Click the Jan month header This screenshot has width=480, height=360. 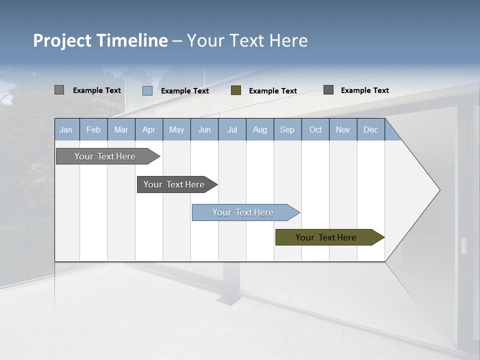click(66, 130)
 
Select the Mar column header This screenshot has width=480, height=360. click(121, 130)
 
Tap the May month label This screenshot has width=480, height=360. click(176, 130)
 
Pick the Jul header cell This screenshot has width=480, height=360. click(232, 130)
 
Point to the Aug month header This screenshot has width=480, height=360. click(260, 130)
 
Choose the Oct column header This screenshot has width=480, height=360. click(315, 130)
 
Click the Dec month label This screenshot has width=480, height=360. click(370, 130)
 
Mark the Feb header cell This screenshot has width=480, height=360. click(93, 130)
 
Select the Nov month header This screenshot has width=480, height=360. click(343, 130)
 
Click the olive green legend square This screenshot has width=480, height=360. click(236, 90)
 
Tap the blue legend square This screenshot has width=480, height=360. click(147, 90)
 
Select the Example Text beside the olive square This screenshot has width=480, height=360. click(273, 91)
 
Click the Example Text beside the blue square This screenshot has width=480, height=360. click(185, 91)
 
